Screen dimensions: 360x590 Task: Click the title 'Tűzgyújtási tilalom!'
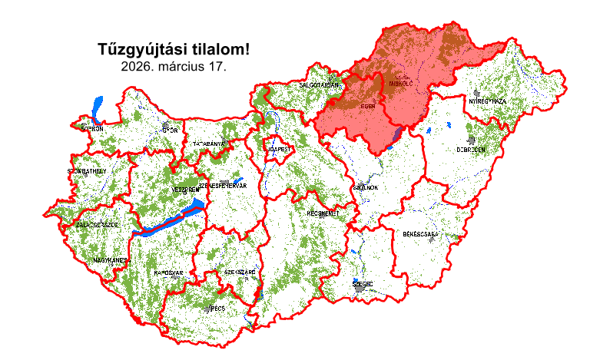tap(174, 50)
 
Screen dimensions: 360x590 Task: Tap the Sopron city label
tap(91, 129)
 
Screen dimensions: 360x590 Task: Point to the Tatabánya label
tap(209, 144)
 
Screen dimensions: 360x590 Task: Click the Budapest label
tap(277, 149)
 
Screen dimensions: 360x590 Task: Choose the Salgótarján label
tap(320, 85)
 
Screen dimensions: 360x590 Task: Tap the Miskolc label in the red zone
tap(402, 82)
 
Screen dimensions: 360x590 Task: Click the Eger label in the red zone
tap(367, 107)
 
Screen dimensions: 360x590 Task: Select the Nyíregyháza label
tap(487, 101)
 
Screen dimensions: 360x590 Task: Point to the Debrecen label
tap(470, 150)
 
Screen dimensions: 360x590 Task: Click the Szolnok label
tap(364, 187)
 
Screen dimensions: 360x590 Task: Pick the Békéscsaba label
tap(420, 233)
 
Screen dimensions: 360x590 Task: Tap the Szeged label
tap(362, 284)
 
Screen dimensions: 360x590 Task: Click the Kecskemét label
tap(323, 213)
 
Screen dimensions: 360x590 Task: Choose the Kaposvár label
tap(168, 272)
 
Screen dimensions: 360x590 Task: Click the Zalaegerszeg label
tap(97, 225)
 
